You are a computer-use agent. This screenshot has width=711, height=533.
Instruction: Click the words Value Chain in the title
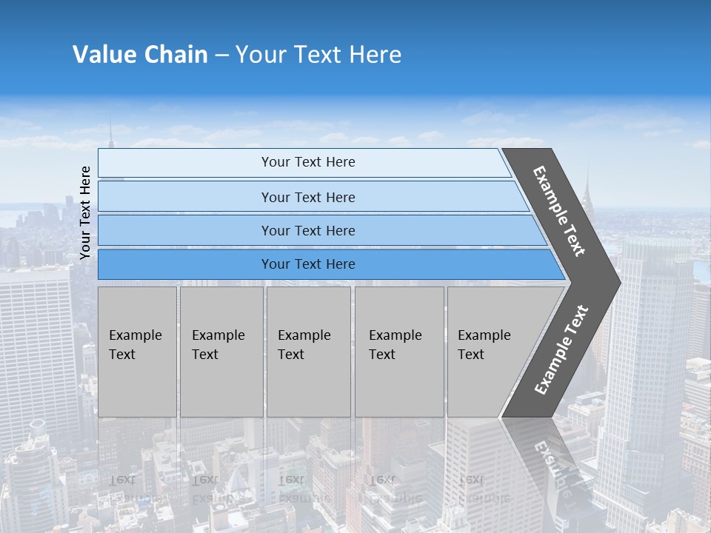tap(140, 54)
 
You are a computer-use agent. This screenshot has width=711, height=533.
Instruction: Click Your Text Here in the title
tap(318, 54)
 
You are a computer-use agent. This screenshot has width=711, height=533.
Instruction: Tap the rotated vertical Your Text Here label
tap(85, 213)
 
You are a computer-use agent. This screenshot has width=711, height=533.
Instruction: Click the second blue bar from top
tap(307, 197)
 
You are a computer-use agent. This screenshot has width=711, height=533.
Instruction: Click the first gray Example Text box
tap(137, 352)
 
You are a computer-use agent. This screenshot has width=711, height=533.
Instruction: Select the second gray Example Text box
tap(221, 352)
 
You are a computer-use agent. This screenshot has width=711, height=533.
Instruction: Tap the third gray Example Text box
tap(308, 352)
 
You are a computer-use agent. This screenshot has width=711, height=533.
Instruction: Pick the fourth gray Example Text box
tap(398, 352)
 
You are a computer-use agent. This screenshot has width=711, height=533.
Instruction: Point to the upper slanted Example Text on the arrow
tap(560, 210)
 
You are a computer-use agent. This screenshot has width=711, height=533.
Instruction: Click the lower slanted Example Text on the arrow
tap(561, 349)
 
